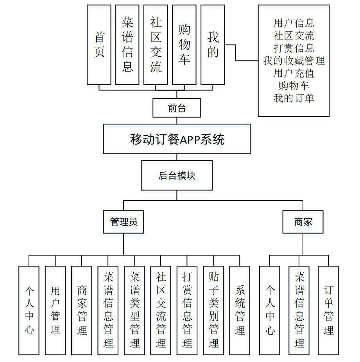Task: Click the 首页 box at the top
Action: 99,45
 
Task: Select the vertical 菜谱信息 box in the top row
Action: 127,45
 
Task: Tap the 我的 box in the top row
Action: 213,45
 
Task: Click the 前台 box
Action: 177,108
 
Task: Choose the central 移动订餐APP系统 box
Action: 177,139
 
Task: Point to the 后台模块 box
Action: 177,175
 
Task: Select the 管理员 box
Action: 124,222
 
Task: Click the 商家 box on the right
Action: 303,222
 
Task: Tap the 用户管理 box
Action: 55,310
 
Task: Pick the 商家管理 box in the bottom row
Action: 82,310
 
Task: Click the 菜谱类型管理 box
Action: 134,310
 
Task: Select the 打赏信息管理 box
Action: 187,310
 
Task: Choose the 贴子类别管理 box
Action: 213,310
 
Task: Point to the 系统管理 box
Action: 240,310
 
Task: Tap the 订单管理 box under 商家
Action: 328,310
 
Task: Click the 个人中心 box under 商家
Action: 270,310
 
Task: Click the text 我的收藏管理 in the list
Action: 294,61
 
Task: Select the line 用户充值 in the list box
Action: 294,73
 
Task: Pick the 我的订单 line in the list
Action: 294,98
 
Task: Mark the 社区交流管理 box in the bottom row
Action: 161,310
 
